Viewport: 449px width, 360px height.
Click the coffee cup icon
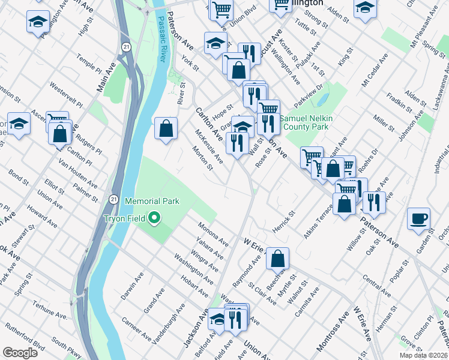tap(418, 218)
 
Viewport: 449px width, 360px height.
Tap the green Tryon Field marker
tap(154, 218)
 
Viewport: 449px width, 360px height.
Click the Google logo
tap(20, 353)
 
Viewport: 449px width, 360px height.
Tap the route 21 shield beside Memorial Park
tap(113, 199)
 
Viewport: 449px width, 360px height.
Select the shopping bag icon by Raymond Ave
tap(277, 259)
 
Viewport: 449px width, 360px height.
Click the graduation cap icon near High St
tap(38, 22)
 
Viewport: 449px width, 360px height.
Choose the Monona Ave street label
tap(214, 234)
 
